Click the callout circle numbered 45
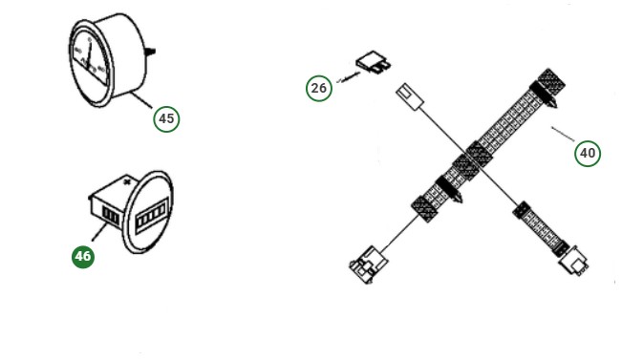click(166, 118)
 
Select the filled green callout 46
click(83, 256)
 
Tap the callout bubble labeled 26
click(319, 89)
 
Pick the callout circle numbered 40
click(588, 152)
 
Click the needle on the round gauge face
click(87, 56)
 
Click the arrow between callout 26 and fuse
click(345, 80)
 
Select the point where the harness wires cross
click(475, 163)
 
